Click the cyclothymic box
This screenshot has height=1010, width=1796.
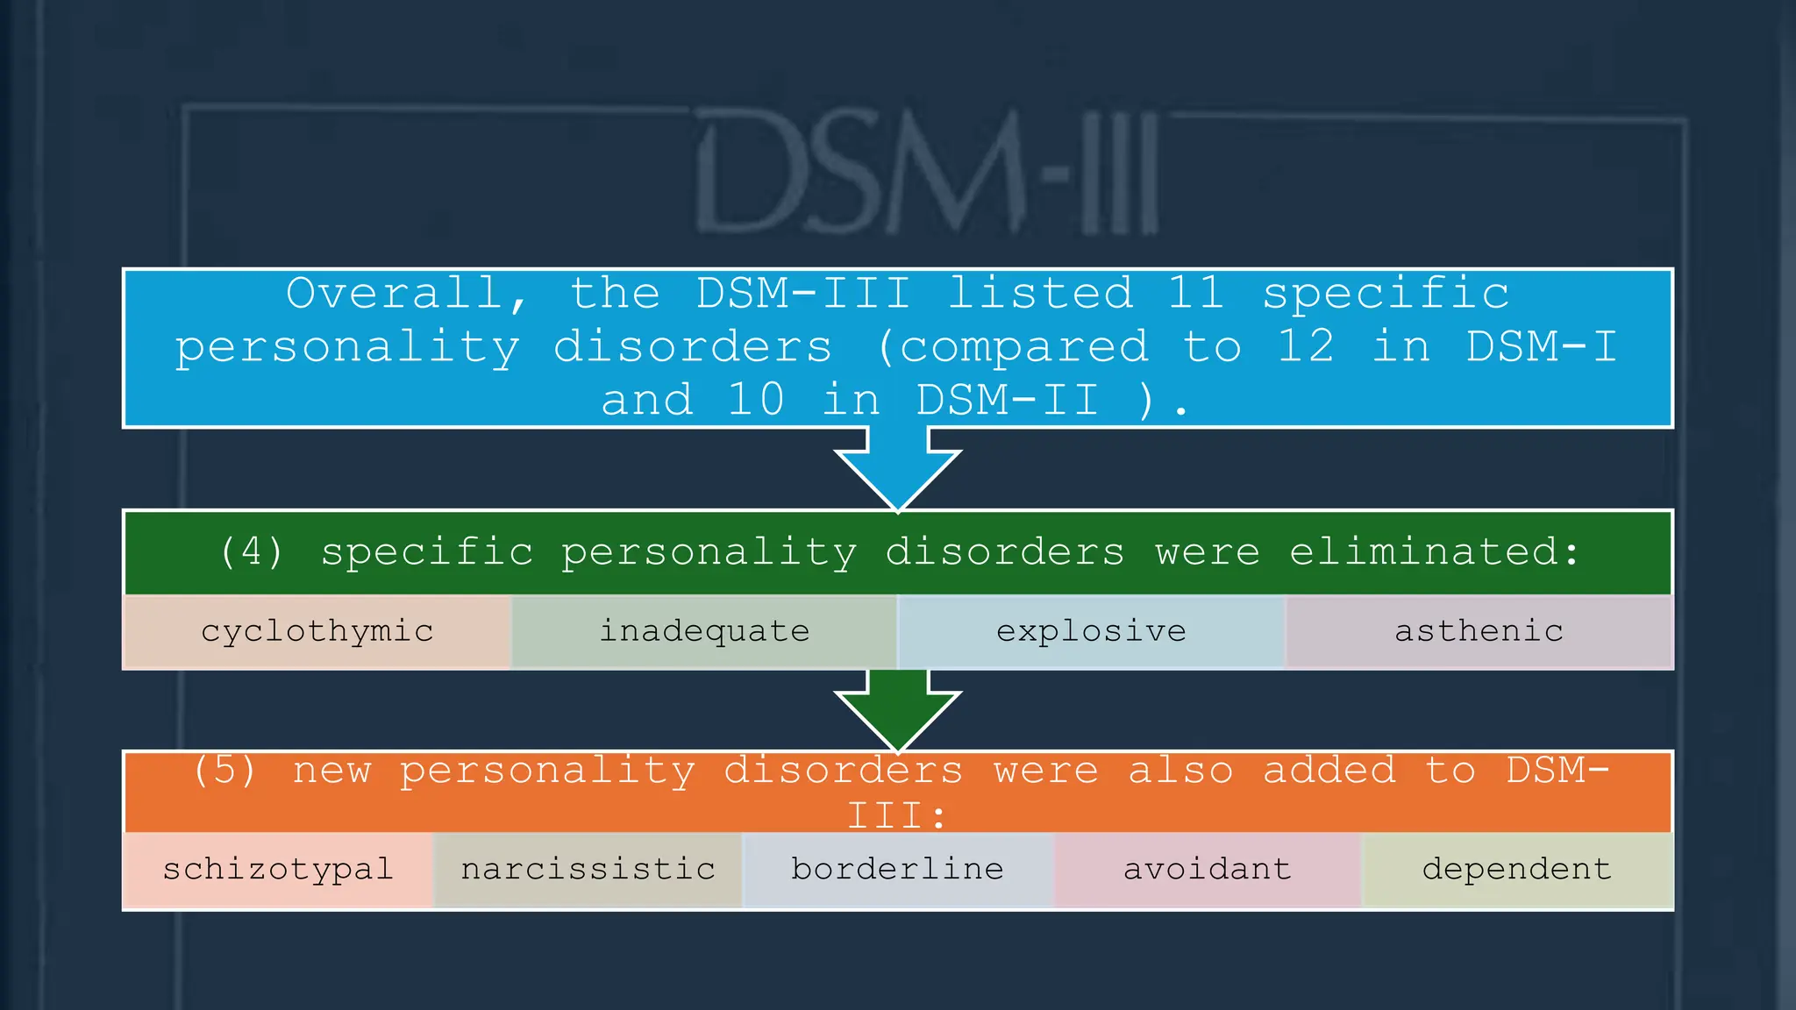tap(317, 631)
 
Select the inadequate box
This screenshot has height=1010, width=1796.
tap(704, 631)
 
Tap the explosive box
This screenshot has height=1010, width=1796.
tap(1091, 631)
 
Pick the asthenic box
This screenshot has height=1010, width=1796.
tap(1479, 631)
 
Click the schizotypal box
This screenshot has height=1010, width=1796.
tap(278, 870)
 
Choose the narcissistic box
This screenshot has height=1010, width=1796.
tap(588, 870)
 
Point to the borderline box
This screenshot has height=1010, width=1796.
tap(897, 870)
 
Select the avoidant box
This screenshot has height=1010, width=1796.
tap(1207, 870)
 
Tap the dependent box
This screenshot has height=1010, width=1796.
tap(1516, 870)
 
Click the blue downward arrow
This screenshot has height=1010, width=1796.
tap(898, 469)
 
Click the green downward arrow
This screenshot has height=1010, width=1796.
tap(898, 710)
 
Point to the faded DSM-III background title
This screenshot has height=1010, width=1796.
tap(928, 173)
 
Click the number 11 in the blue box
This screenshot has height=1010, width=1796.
tap(1195, 293)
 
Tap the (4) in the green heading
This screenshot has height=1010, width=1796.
tap(252, 552)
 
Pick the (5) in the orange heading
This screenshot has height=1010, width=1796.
tap(224, 771)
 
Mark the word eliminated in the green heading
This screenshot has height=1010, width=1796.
tap(1433, 552)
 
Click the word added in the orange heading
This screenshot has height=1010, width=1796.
tap(1329, 771)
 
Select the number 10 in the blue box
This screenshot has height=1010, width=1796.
tap(756, 401)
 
